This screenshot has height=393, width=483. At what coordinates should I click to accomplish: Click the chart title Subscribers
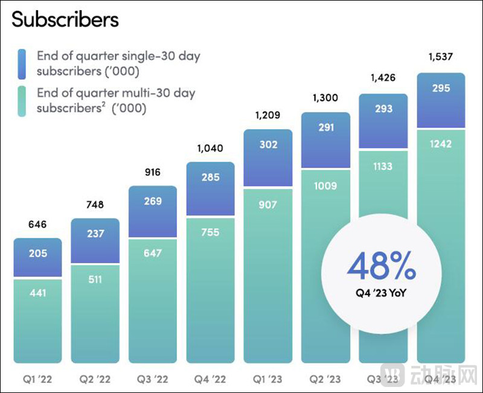coord(65,19)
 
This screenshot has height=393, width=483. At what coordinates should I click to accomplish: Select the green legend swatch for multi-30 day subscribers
coord(22,101)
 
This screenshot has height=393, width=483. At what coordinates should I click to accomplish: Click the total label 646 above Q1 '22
coord(37,225)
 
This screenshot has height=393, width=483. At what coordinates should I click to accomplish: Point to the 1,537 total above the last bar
coord(441,57)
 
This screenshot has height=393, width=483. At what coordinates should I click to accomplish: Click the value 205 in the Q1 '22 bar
coord(37,254)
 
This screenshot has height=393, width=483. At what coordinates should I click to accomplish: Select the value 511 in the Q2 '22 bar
coord(95,280)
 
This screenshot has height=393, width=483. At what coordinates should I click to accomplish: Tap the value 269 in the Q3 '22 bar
coord(153,201)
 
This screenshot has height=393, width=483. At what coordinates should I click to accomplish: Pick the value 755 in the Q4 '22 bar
coord(210,232)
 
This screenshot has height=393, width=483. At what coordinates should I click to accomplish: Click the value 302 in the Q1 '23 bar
coord(268,145)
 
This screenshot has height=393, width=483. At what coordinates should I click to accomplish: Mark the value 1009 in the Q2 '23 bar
coord(325,186)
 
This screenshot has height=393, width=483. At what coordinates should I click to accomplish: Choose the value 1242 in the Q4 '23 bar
coord(441,145)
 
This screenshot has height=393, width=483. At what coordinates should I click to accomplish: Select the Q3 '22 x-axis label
coord(153,380)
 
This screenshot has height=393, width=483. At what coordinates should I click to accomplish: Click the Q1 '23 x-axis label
coord(268,380)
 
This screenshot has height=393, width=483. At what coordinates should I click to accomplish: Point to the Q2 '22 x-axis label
coord(95,380)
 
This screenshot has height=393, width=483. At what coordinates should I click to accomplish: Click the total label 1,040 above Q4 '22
coord(210,149)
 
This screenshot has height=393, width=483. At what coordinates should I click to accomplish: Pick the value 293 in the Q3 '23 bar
coord(383,109)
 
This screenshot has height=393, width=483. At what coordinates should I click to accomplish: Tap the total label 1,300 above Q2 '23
coord(325,98)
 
